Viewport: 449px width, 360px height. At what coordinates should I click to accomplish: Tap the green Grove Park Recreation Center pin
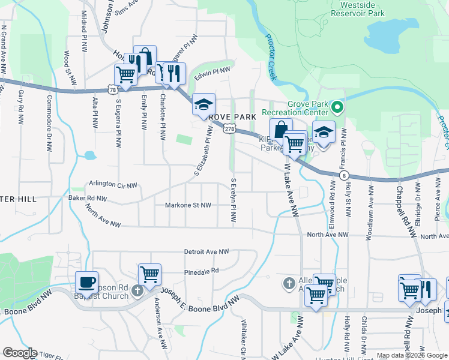click(337, 108)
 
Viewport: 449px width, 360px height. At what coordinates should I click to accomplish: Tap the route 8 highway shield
click(343, 175)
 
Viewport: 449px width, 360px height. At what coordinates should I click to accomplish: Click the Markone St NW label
click(188, 205)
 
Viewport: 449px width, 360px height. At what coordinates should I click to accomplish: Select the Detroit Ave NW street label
click(206, 252)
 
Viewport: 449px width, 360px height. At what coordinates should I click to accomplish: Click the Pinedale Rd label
click(201, 271)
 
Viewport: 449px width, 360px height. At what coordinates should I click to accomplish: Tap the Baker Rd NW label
click(88, 198)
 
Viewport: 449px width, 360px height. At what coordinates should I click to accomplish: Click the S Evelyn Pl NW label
click(233, 198)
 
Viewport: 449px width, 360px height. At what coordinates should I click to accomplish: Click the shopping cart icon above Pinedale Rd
click(149, 274)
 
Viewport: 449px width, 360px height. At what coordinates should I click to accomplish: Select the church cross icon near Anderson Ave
click(137, 291)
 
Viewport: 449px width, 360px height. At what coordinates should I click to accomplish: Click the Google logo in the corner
click(20, 353)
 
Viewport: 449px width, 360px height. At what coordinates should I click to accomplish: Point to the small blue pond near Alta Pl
click(90, 156)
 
